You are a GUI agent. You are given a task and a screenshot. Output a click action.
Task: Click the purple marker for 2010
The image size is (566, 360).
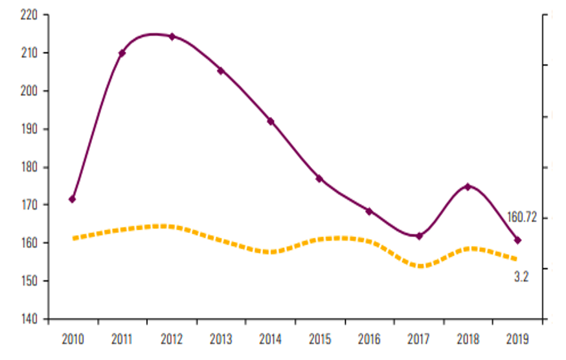(73, 199)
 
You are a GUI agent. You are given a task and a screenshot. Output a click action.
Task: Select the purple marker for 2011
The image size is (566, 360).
(122, 52)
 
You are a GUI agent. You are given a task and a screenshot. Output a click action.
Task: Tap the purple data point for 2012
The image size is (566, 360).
(172, 36)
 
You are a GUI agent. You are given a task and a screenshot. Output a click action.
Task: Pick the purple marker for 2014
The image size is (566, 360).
(270, 121)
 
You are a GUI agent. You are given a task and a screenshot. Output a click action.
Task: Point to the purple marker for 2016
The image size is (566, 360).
(369, 211)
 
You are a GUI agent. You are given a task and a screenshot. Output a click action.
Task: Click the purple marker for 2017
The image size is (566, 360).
(419, 236)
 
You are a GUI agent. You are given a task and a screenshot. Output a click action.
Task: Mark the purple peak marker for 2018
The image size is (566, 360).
(468, 186)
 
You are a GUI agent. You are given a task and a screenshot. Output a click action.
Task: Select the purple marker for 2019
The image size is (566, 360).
(517, 240)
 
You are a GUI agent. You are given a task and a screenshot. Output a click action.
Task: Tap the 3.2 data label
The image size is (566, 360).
(522, 277)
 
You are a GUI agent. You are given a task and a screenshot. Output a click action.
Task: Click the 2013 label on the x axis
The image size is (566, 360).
(221, 339)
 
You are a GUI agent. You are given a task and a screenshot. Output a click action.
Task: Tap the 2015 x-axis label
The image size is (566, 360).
(319, 339)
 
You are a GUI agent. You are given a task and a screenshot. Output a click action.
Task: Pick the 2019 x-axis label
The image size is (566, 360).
(517, 339)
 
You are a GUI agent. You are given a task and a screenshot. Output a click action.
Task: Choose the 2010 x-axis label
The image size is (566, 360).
(73, 339)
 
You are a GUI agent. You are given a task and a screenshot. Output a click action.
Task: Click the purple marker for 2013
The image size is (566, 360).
(221, 71)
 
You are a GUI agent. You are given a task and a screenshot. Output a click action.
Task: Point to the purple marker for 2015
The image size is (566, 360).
(319, 178)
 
